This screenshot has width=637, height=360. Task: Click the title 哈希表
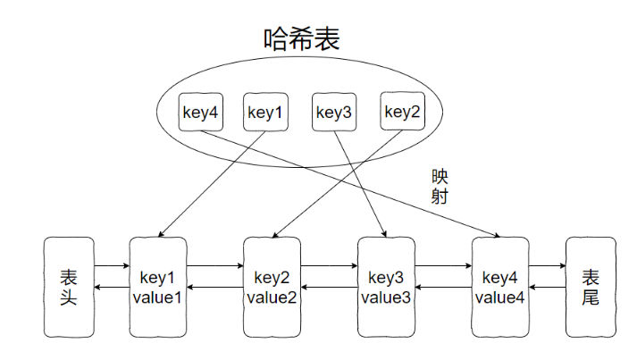tap(303, 38)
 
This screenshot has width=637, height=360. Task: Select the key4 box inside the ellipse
tap(201, 113)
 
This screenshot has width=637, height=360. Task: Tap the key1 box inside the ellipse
tap(265, 113)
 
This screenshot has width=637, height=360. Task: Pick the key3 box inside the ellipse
tap(334, 113)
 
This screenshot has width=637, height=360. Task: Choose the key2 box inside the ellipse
tap(401, 112)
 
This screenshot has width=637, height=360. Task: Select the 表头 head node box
tap(68, 287)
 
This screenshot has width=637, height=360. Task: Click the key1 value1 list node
tap(158, 287)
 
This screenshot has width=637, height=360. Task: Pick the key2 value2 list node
tap(272, 287)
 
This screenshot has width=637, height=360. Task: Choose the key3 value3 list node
tap(386, 287)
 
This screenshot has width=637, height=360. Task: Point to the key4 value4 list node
tap(499, 287)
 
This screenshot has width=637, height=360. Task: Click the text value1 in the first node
tap(158, 297)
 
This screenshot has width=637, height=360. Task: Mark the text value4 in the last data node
tap(499, 297)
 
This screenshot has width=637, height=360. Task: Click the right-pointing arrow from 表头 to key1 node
tap(112, 265)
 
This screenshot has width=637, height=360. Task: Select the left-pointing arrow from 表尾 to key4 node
tap(547, 287)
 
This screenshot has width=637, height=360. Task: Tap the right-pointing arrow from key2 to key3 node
tap(329, 265)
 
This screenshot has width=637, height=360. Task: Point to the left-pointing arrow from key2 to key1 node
tap(214, 287)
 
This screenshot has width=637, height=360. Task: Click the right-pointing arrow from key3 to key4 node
tap(442, 265)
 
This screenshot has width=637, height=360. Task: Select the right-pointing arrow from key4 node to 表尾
tap(547, 265)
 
